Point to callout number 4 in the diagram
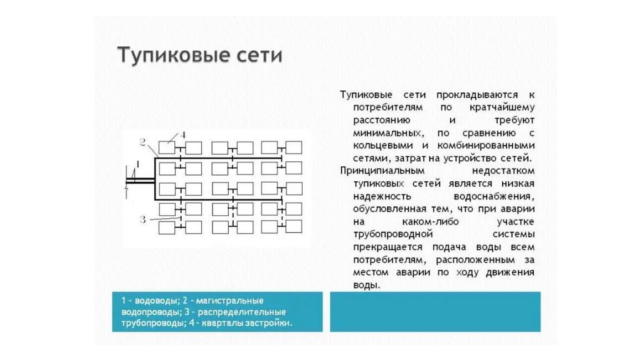(182, 135)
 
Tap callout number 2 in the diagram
(143, 142)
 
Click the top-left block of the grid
(167, 148)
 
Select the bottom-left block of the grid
(167, 226)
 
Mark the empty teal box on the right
(434, 311)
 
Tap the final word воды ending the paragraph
(365, 285)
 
